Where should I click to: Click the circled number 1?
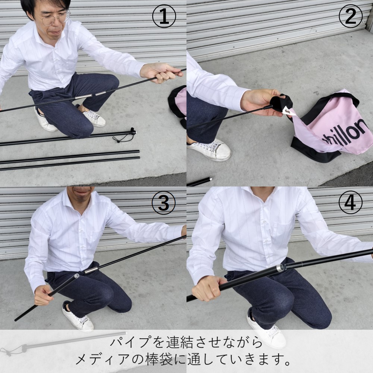pyautogui.click(x=164, y=16)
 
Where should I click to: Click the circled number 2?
pyautogui.click(x=350, y=16)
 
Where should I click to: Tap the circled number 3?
pyautogui.click(x=164, y=203)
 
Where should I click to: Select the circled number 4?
pyautogui.click(x=350, y=203)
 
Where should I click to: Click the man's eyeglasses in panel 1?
pyautogui.click(x=55, y=18)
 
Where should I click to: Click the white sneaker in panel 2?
pyautogui.click(x=209, y=150)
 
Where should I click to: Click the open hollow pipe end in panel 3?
pyautogui.click(x=76, y=276)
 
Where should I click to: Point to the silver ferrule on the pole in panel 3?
pyautogui.click(x=91, y=270)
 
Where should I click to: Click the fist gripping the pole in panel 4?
pyautogui.click(x=206, y=288)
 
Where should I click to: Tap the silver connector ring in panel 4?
pyautogui.click(x=280, y=268)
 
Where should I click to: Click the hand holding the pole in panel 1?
pyautogui.click(x=160, y=73)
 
